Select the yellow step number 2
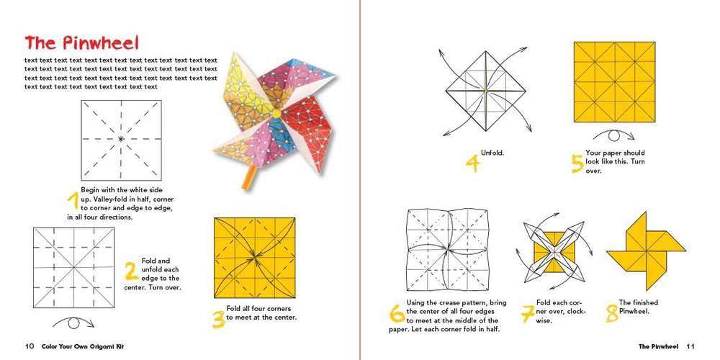(130, 271)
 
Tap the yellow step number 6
(396, 313)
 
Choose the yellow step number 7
(527, 314)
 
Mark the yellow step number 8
(611, 313)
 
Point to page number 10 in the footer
(30, 346)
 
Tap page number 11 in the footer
(690, 346)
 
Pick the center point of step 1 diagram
(120, 138)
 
